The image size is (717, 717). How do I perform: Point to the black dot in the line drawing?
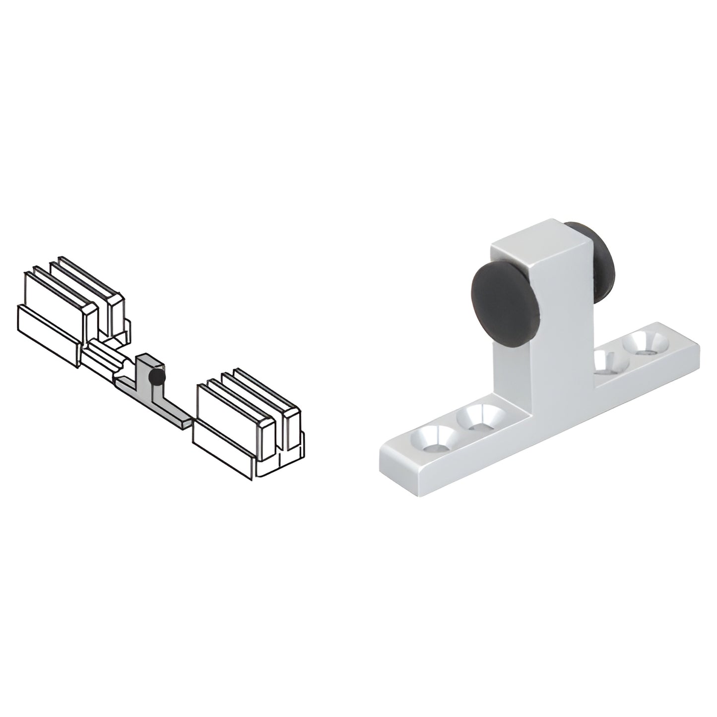(x=157, y=377)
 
